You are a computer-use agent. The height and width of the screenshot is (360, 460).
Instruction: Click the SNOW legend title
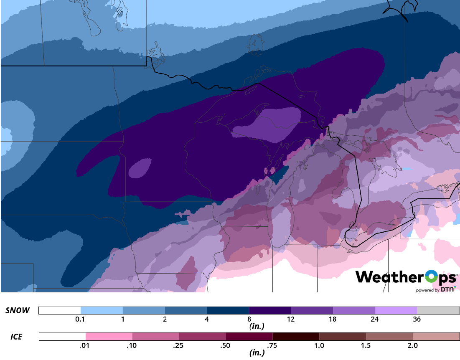(18, 310)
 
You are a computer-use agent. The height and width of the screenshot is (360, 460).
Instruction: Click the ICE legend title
(16, 336)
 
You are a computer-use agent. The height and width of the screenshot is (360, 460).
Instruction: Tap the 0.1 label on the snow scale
(81, 319)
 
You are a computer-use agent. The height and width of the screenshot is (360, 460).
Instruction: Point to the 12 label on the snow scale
(291, 319)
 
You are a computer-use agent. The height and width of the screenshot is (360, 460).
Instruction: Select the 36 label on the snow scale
(417, 319)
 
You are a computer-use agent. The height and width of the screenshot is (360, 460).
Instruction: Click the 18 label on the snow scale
(333, 319)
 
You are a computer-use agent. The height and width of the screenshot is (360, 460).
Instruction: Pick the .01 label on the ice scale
(85, 345)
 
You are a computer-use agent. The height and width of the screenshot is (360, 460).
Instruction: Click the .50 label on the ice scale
(226, 345)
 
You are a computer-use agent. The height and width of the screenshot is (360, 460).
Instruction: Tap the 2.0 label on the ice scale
(413, 345)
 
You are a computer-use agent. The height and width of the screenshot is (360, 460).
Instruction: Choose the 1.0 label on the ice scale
(319, 345)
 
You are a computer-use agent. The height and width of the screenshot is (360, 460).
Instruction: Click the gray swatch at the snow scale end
(438, 310)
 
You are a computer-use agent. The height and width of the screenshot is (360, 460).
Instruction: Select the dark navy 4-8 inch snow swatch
(228, 310)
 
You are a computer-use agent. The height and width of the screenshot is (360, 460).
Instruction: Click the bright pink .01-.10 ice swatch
(109, 337)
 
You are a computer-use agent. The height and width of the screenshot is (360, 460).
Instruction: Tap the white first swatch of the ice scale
(62, 337)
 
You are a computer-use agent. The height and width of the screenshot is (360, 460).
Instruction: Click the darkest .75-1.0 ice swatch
(296, 337)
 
